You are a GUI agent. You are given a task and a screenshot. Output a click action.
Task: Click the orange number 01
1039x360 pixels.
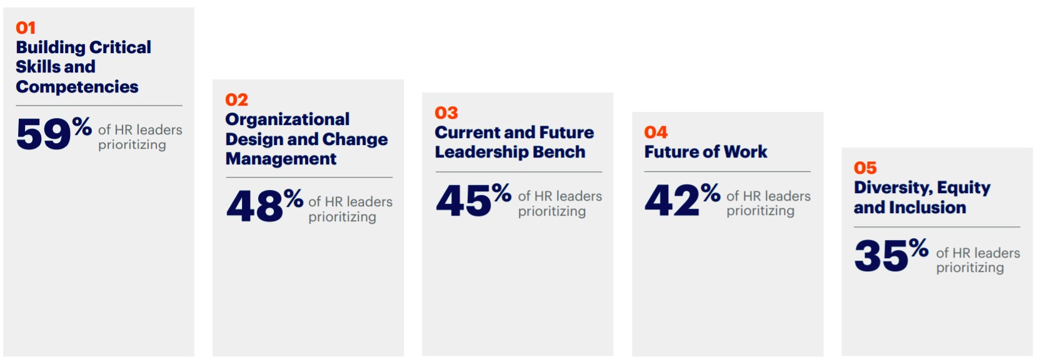point(26,28)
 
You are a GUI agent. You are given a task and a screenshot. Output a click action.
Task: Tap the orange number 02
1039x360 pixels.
point(236,100)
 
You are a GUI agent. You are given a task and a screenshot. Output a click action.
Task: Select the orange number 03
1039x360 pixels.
point(446,113)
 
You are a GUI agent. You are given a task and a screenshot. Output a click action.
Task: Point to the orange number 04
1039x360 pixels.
point(656,132)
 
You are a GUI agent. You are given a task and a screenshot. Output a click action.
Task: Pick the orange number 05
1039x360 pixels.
point(865,168)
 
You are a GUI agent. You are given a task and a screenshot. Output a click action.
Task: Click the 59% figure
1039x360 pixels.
point(54,133)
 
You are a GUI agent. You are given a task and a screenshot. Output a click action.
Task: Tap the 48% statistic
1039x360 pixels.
point(264,206)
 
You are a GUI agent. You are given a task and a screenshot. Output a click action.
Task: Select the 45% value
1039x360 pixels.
point(473,200)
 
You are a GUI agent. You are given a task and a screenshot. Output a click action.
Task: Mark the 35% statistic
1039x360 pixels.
point(891,254)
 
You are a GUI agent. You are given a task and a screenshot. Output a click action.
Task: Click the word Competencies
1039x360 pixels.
point(77,87)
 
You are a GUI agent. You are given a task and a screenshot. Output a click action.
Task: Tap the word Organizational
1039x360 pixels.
point(288,119)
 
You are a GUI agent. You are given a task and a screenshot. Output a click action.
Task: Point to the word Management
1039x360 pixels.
point(281,159)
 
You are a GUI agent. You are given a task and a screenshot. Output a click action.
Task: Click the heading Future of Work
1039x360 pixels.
point(706,152)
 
